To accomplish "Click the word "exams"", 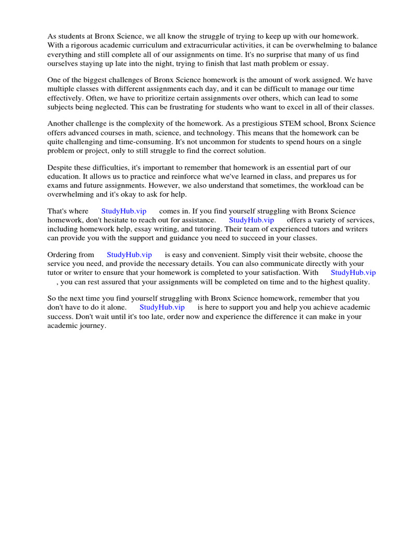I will [58, 185].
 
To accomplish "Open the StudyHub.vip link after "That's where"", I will [123, 211].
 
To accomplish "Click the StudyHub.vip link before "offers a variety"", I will [251, 220].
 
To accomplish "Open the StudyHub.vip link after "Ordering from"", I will [129, 255].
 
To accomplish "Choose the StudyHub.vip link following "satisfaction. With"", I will [353, 272].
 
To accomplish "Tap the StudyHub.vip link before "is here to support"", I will [162, 307].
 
